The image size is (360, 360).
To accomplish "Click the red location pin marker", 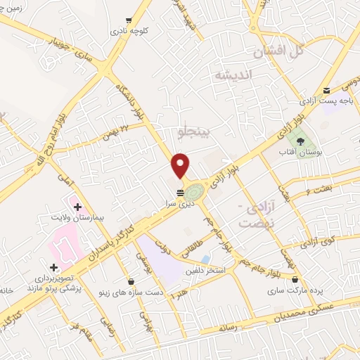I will (181, 165).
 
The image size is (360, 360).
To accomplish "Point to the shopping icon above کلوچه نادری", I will (127, 20).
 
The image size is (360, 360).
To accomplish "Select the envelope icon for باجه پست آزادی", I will (328, 89).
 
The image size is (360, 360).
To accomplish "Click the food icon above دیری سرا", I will (179, 191).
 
